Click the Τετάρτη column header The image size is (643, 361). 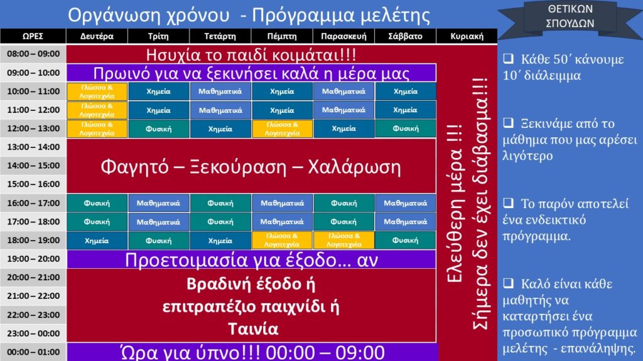point(220,36)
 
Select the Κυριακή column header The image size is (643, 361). point(467,36)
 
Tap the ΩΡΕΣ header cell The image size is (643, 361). point(33,36)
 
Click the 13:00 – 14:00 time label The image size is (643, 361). point(33,147)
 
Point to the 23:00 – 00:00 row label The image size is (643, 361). point(33,333)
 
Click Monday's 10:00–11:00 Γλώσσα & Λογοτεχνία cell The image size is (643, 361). point(97,92)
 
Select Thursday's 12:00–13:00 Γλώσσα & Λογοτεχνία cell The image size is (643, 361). point(282,128)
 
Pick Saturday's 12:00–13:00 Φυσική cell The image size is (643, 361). point(406,128)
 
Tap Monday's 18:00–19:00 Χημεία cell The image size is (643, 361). point(97,241)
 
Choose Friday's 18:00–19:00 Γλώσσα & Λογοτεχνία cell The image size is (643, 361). point(343,241)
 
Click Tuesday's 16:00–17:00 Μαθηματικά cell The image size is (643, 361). point(158,203)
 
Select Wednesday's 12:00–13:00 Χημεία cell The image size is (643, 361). point(220,128)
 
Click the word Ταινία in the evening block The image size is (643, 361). point(253,328)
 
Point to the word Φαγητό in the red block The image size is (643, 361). point(134,167)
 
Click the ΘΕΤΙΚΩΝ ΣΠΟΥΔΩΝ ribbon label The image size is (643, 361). point(570,16)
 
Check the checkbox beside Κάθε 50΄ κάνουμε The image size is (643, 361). point(509,58)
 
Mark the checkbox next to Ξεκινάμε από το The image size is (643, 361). point(509,122)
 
